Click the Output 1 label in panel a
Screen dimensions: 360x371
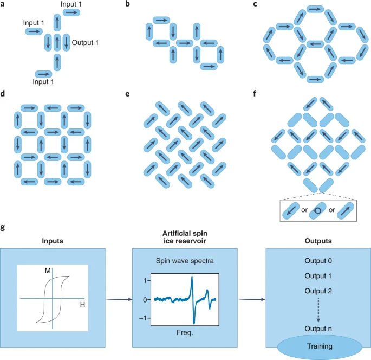point(86,42)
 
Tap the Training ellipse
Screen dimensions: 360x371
point(319,345)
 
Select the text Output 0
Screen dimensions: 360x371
point(318,261)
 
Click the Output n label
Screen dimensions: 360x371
point(318,329)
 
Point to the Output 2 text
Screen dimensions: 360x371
point(318,291)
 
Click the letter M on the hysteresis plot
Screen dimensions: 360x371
point(48,270)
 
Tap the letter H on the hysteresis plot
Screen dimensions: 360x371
point(82,305)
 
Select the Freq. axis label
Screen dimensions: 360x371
point(184,333)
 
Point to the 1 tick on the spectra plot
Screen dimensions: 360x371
point(145,281)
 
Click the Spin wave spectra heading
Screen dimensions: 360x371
point(184,261)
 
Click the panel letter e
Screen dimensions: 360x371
point(127,93)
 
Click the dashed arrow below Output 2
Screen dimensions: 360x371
point(318,310)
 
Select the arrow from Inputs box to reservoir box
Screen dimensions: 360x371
point(119,298)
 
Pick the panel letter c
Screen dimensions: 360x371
point(255,5)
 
